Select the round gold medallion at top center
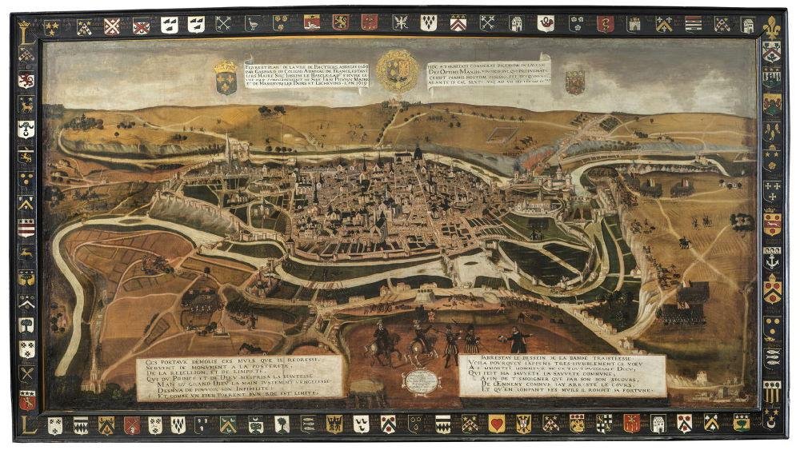(397, 70)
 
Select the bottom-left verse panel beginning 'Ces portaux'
(239, 376)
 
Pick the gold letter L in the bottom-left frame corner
(24, 423)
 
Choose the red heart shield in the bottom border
(497, 424)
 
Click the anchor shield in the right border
(771, 260)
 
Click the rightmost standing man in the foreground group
(518, 339)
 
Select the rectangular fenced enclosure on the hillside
(501, 129)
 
